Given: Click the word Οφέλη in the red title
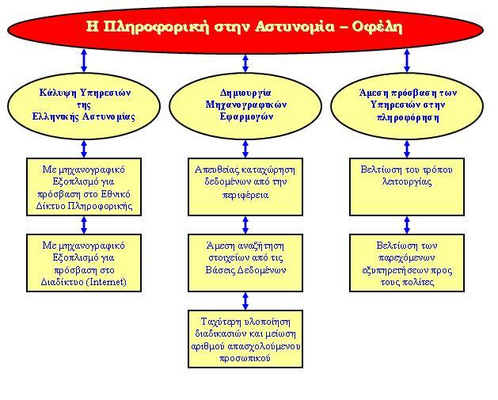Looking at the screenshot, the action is point(378,27).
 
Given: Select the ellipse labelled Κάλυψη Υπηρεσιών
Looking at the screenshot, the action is point(84,106).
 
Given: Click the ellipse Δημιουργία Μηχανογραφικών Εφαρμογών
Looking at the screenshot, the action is point(245,106).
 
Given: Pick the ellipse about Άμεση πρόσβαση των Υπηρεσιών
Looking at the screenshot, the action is point(407,106).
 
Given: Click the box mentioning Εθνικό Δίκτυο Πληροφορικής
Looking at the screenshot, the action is point(84,187).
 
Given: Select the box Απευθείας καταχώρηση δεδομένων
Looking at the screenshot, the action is point(245,187).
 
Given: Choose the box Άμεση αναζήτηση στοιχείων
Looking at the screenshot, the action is point(245,263).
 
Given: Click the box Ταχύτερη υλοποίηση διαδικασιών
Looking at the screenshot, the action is point(245,339).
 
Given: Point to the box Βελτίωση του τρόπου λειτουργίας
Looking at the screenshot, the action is point(407,187).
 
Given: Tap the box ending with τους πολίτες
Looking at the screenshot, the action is point(407,263).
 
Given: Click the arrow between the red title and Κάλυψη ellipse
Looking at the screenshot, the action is point(84,60).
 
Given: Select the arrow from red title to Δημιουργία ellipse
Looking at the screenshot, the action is point(245,63).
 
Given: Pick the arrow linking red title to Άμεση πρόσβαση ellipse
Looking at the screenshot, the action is point(407,60).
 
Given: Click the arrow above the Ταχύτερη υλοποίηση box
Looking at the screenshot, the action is point(245,301).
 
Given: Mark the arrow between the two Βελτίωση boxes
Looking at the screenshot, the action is point(407,225).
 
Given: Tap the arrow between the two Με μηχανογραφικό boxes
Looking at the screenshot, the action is point(84,225).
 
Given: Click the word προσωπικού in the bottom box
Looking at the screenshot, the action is point(245,358).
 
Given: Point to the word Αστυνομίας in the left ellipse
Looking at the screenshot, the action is point(109,116).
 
